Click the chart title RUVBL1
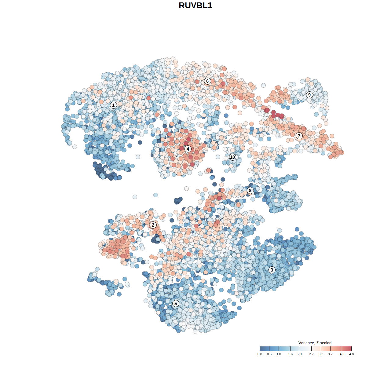[x=195, y=5]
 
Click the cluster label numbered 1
[x=113, y=105]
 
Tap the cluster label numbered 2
[x=153, y=225]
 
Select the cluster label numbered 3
[x=272, y=270]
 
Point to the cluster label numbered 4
[x=188, y=149]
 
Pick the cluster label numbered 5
[x=176, y=303]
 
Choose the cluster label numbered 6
[x=207, y=81]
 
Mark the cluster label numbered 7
[x=299, y=136]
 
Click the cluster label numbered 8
[x=250, y=191]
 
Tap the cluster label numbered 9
[x=309, y=95]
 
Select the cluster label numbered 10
[x=232, y=157]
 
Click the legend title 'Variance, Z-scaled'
[x=315, y=343]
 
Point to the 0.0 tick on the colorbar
[x=260, y=354]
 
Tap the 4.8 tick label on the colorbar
[x=352, y=354]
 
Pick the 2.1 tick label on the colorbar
[x=300, y=354]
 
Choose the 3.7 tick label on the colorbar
[x=331, y=354]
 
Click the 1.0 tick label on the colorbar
[x=279, y=354]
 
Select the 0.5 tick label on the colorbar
[x=269, y=354]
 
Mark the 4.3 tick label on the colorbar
[x=342, y=354]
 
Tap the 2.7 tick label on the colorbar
[x=311, y=354]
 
